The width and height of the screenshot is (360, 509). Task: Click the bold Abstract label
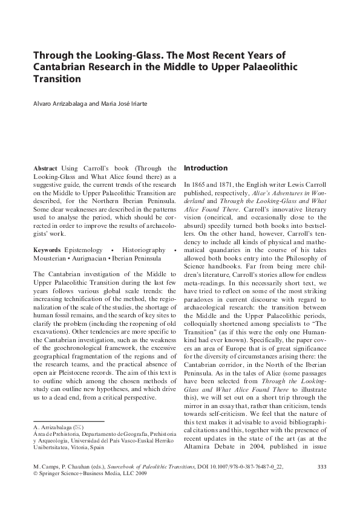click(x=45, y=168)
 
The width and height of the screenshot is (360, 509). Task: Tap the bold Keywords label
click(x=47, y=250)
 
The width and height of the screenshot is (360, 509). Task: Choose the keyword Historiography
click(x=143, y=250)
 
